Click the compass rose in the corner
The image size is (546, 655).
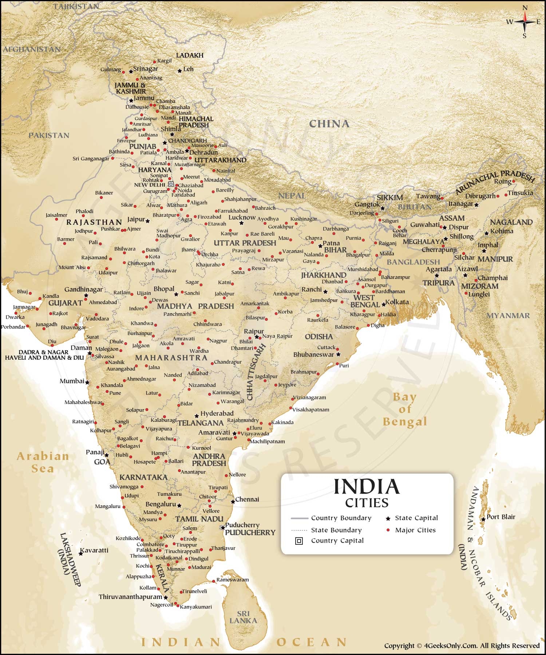coord(525,22)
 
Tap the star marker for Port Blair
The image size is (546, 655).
coord(483,519)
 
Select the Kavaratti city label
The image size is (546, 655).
coord(94,550)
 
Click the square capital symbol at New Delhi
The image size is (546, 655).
coord(171,184)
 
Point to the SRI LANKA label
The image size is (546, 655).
coord(243,617)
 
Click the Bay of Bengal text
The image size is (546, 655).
coord(404,409)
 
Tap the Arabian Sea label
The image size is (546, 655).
coord(43,462)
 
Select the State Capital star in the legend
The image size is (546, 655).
coord(388,518)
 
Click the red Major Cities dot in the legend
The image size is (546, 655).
coord(388,530)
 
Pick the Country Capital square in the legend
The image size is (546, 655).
coord(298,541)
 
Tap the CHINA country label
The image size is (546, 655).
coord(329,124)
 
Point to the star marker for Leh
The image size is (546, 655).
coord(179,71)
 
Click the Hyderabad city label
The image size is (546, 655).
coord(217,413)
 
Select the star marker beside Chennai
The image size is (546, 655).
coord(233,502)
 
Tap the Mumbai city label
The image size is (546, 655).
coord(72,381)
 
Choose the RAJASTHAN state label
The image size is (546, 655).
coord(94,222)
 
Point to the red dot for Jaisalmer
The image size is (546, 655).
coord(56,219)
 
